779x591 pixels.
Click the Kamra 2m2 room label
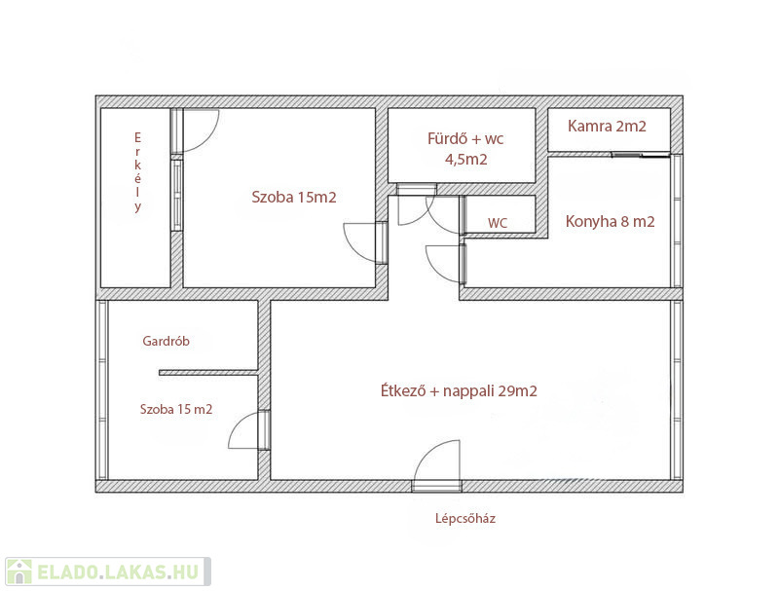(607, 127)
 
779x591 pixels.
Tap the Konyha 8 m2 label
(611, 221)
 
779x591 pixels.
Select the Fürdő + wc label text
(465, 138)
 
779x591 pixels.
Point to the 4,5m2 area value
(465, 160)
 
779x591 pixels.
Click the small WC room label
(498, 223)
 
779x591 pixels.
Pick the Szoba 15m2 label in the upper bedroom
(294, 198)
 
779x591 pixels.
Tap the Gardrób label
(166, 341)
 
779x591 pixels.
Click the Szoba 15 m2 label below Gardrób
(176, 409)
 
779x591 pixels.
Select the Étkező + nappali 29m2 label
(459, 390)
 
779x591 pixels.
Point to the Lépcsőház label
(465, 519)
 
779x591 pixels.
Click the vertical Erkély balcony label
(137, 171)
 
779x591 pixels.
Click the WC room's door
(446, 214)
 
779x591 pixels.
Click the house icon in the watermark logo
(19, 573)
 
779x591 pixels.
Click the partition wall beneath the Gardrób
(208, 373)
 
